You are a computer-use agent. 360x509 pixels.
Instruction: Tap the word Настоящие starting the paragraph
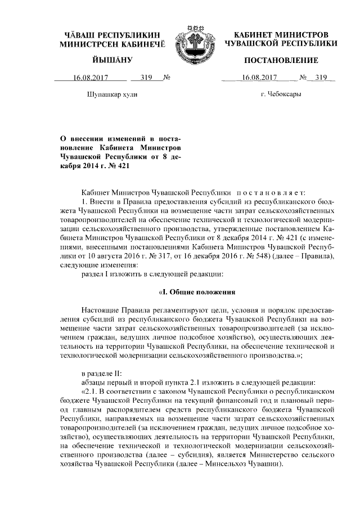coord(101,310)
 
